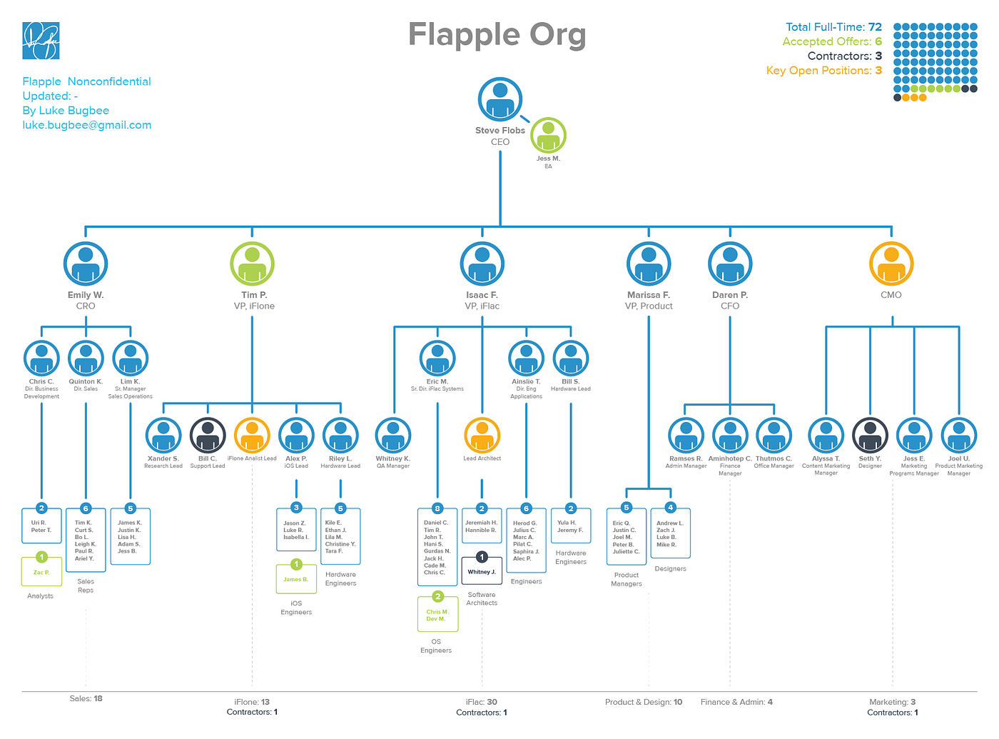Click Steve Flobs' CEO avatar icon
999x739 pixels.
[500, 99]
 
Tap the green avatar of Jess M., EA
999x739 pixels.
[548, 135]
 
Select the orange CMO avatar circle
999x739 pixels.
[891, 263]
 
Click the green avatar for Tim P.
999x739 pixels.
[252, 263]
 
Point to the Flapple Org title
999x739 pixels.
[497, 34]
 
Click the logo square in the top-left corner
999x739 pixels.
[41, 41]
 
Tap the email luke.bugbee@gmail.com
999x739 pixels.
[87, 125]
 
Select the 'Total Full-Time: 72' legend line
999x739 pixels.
[833, 27]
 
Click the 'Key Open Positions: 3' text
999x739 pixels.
[823, 71]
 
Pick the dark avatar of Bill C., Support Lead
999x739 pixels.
[208, 435]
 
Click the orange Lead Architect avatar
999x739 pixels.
[482, 435]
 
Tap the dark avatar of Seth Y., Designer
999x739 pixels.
[870, 435]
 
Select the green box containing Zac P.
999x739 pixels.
[41, 572]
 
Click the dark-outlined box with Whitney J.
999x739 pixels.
[482, 571]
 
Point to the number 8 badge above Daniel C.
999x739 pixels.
[437, 508]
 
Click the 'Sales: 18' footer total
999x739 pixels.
[86, 698]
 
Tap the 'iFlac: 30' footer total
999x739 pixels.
[482, 702]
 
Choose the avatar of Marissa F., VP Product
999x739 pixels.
[649, 263]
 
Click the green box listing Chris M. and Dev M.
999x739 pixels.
[437, 615]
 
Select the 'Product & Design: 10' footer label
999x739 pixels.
[644, 702]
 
